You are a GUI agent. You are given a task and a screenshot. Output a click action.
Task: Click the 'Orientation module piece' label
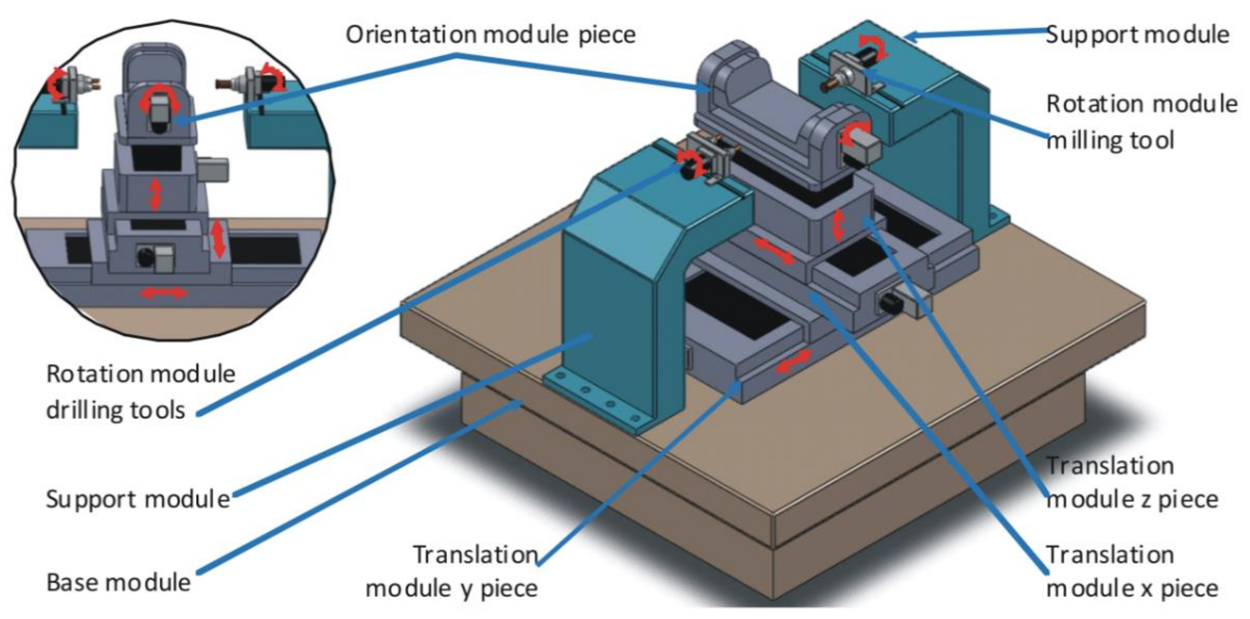click(490, 35)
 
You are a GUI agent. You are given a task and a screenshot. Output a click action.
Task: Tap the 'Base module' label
click(118, 583)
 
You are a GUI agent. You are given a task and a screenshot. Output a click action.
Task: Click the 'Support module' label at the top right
click(1137, 35)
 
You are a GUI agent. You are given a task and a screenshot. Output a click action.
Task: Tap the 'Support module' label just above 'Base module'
click(138, 499)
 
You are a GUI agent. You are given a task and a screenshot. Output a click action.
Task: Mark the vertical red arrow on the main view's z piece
click(838, 224)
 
